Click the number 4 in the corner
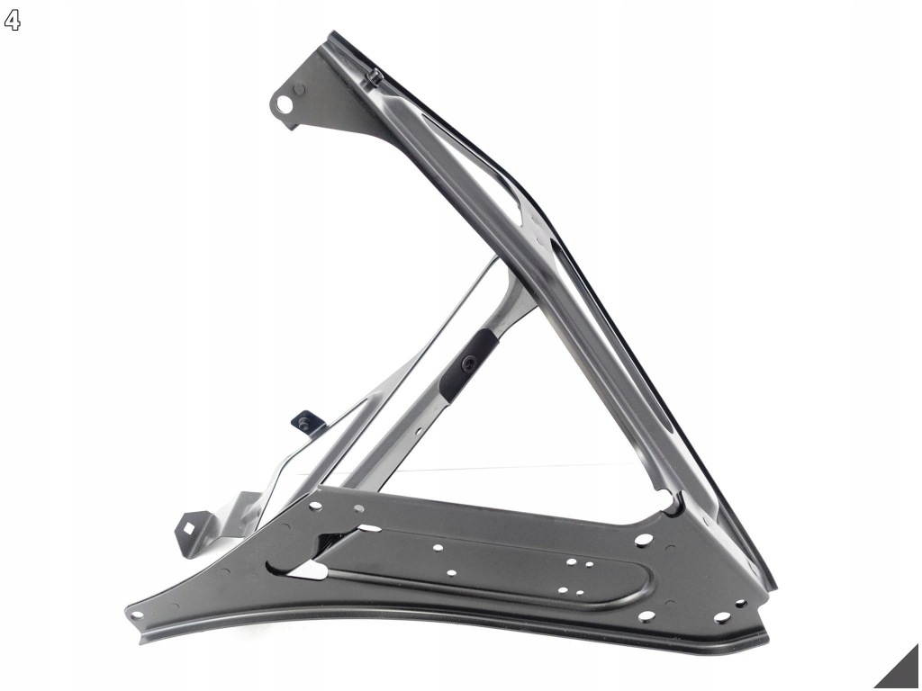[x=12, y=21]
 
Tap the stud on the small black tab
[x=304, y=421]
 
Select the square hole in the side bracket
[x=191, y=525]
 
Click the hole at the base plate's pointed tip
[x=137, y=615]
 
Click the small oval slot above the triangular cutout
[x=368, y=527]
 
